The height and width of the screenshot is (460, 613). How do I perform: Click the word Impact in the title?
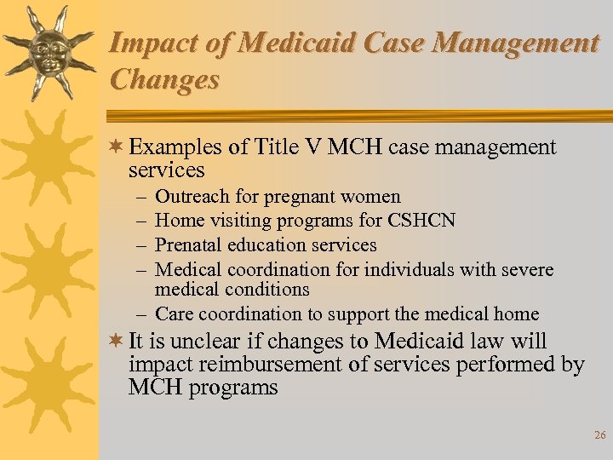(x=150, y=43)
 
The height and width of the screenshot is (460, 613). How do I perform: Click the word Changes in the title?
(x=164, y=79)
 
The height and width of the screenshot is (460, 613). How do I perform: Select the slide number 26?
(x=599, y=435)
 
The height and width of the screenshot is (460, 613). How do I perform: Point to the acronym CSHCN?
(x=421, y=221)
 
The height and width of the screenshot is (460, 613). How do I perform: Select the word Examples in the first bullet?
(x=175, y=147)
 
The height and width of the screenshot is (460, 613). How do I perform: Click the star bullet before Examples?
(x=117, y=147)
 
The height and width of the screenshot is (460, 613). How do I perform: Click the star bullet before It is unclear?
(x=117, y=342)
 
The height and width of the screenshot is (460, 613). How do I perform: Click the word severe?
(x=528, y=270)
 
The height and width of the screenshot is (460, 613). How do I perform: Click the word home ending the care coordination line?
(x=517, y=314)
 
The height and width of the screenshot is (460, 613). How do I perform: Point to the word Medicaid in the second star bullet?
(x=417, y=342)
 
